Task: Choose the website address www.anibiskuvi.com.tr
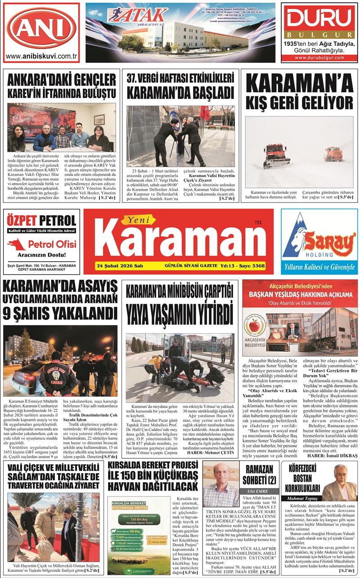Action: [41, 56]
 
